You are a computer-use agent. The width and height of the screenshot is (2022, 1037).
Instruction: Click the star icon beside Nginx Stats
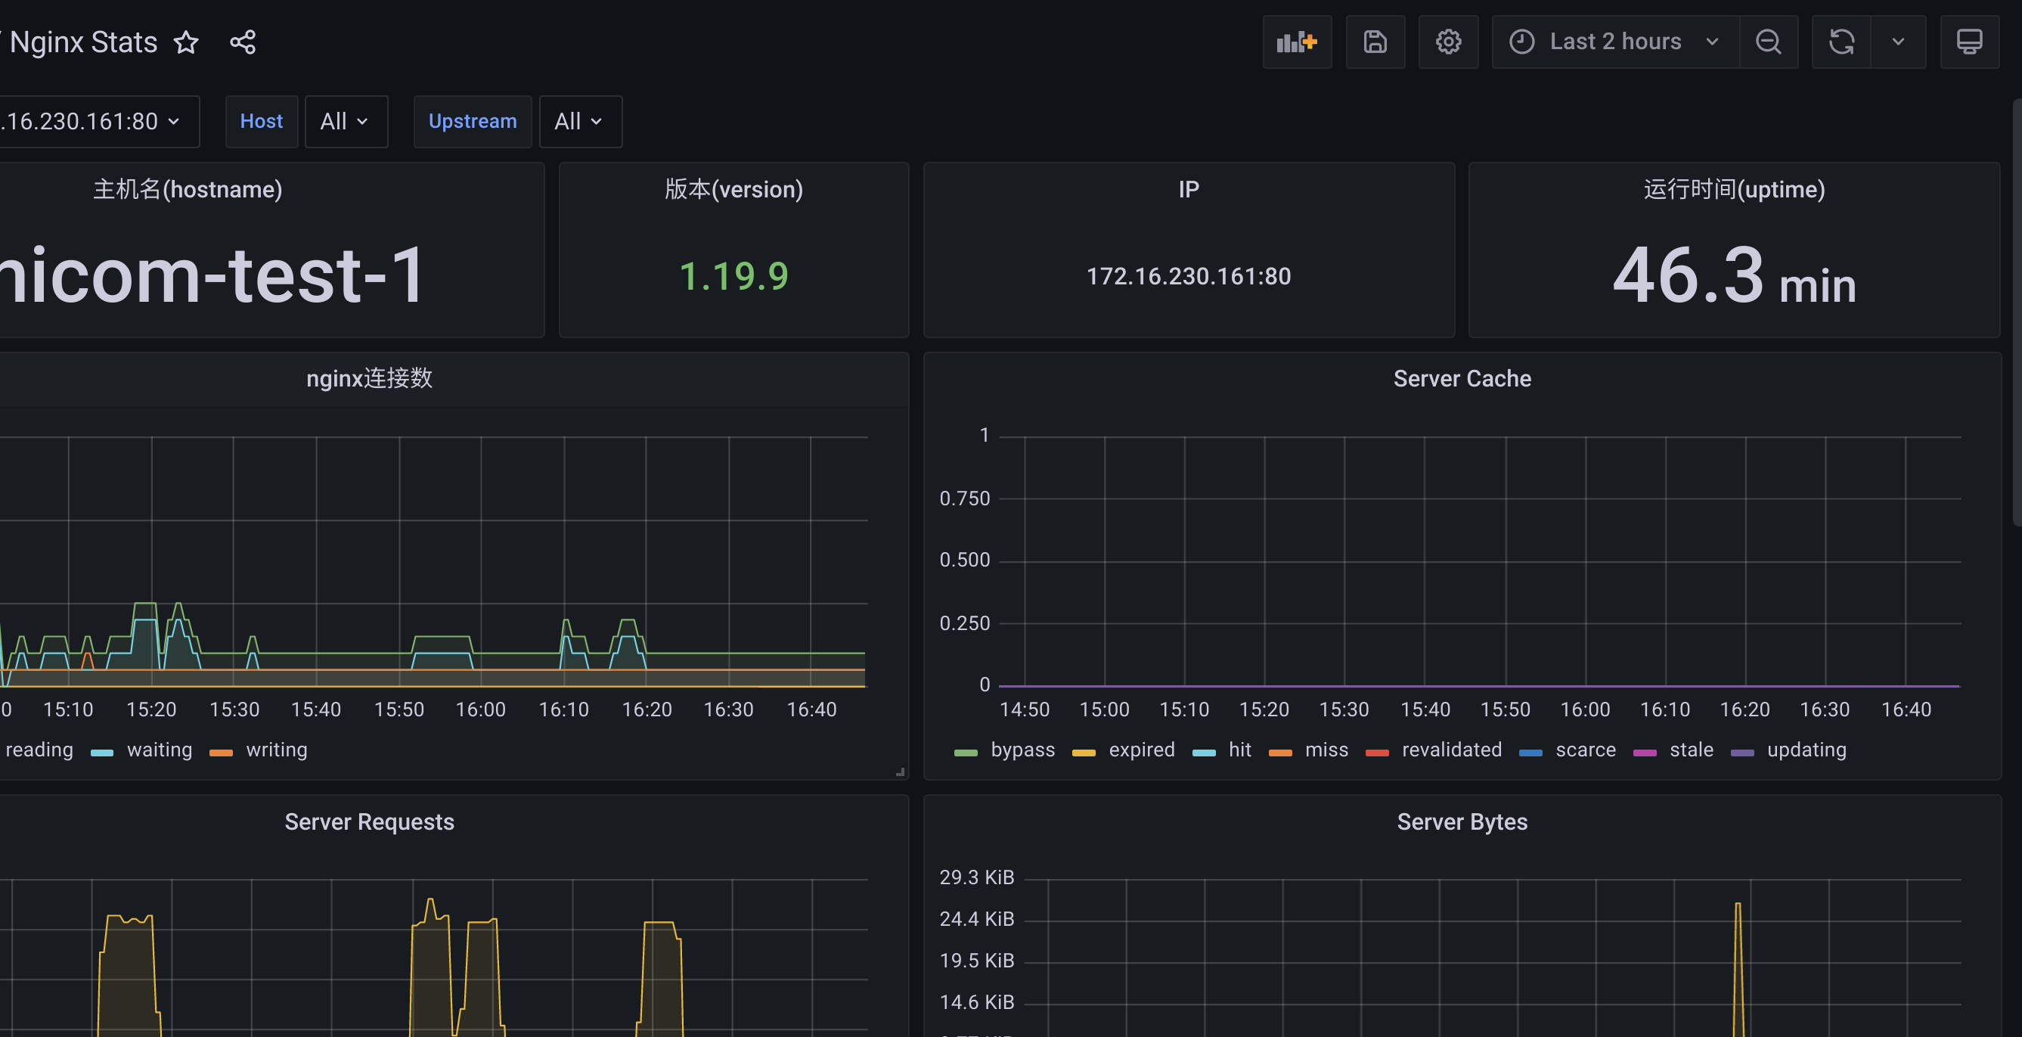point(186,42)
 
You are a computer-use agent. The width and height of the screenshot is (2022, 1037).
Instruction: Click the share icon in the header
point(243,42)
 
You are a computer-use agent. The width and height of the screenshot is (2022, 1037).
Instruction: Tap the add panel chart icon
point(1297,42)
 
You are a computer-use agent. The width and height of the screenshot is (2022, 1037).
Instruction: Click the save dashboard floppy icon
point(1375,42)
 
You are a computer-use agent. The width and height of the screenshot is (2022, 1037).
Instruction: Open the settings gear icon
point(1448,42)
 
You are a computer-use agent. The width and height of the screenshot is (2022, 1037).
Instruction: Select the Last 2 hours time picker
point(1614,42)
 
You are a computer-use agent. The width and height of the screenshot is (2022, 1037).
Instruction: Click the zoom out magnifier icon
point(1769,42)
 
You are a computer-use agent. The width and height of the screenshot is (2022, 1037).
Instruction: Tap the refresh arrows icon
point(1841,42)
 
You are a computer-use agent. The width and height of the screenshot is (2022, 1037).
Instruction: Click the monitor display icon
point(1969,42)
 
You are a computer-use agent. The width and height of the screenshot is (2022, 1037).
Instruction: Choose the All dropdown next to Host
point(346,122)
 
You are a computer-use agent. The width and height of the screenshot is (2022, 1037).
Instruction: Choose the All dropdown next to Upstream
point(580,122)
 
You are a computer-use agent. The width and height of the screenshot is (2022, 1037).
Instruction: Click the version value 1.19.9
point(734,276)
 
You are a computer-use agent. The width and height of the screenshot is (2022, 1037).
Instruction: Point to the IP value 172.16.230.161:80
point(1189,276)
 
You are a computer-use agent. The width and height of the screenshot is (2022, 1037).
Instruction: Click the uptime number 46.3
point(1688,275)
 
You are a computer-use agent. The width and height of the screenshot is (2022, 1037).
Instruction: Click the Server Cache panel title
point(1462,378)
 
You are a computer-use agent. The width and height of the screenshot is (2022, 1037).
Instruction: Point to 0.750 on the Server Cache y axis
point(965,498)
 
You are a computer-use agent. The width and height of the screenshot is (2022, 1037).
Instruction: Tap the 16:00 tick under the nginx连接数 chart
point(480,709)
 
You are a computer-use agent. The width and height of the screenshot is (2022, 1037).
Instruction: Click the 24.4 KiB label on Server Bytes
point(976,918)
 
